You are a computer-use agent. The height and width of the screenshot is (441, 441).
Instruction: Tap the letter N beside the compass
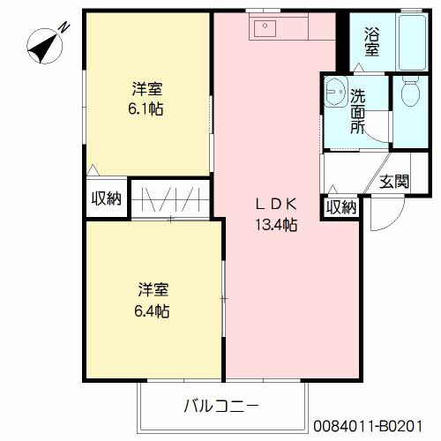[65, 27]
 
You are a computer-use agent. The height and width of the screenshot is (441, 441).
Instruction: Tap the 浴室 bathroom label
[371, 43]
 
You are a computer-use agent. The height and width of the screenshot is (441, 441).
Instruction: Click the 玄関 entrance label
[393, 183]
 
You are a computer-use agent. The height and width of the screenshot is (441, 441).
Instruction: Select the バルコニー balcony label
[220, 407]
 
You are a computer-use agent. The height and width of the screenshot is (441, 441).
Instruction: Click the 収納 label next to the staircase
[105, 198]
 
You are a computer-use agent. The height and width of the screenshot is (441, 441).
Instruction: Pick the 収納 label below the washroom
[340, 207]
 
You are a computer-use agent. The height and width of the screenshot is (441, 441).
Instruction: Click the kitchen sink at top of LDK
[265, 28]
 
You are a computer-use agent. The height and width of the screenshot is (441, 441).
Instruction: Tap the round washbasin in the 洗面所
[334, 90]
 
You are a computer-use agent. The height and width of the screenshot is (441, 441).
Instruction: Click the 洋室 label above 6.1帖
[147, 89]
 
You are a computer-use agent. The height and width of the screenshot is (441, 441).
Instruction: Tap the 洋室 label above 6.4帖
[153, 290]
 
